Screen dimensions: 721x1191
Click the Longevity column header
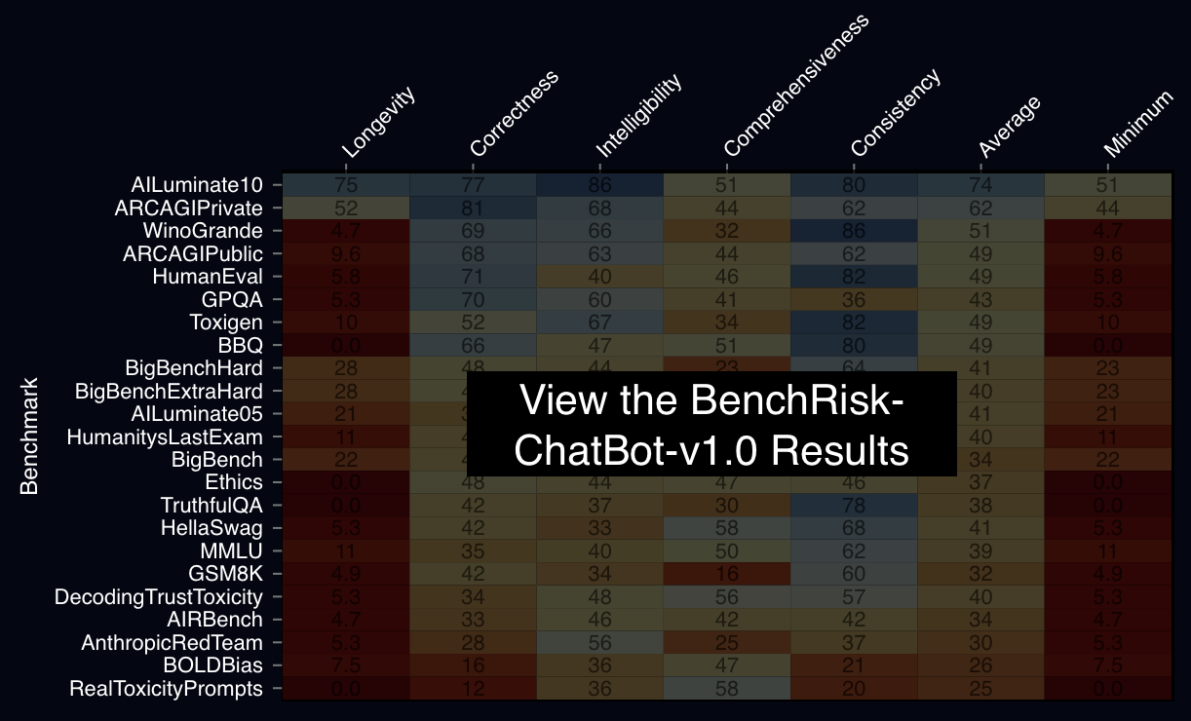pos(379,123)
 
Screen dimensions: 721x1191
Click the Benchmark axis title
pos(29,436)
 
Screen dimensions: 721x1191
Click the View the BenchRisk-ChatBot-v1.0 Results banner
pos(711,424)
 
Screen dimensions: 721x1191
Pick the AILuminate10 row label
pos(196,184)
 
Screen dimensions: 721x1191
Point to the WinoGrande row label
pos(202,231)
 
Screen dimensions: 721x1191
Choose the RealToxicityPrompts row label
pos(166,689)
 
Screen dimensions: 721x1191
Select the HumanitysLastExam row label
pos(164,437)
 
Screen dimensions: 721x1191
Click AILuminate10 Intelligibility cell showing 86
pos(599,184)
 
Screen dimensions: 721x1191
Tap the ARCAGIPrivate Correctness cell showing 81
pos(473,208)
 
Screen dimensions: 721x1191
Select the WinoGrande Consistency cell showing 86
pos(853,231)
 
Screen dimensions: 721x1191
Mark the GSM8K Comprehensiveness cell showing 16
pos(726,573)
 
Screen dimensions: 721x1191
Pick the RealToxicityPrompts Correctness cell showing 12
pos(473,689)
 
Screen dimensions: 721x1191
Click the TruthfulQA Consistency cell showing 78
pos(853,506)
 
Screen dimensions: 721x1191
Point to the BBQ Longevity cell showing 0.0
pos(346,345)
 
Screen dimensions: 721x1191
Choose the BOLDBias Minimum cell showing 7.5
pos(1107,665)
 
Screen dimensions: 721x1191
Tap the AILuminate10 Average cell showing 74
pos(980,184)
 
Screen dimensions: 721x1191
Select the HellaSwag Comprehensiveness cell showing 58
pos(726,528)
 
